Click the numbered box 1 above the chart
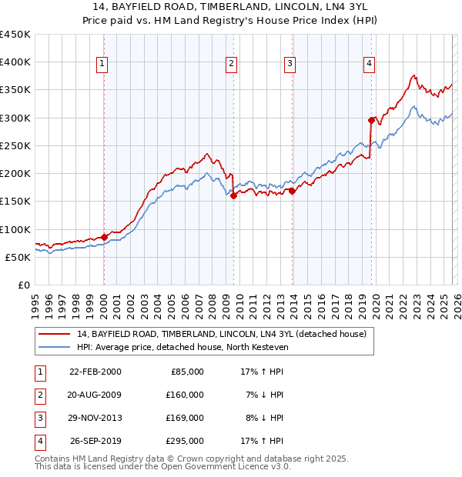(x=102, y=64)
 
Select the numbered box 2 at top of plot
(x=231, y=64)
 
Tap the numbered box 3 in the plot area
(x=290, y=64)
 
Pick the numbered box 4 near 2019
(x=370, y=64)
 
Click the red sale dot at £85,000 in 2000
(x=104, y=237)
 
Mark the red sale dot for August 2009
(x=233, y=195)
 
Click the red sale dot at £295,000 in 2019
(x=371, y=120)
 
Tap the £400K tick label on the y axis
(x=15, y=62)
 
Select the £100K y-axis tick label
(x=15, y=229)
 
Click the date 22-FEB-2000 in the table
(x=95, y=371)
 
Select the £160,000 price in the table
(x=185, y=395)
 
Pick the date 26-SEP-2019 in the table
(x=95, y=442)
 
